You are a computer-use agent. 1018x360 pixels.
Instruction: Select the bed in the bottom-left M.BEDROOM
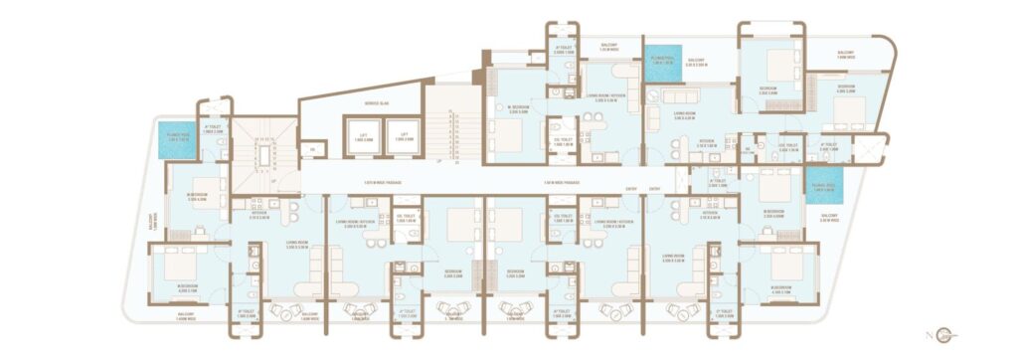181,267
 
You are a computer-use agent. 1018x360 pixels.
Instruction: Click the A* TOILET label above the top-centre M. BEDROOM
563,46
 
